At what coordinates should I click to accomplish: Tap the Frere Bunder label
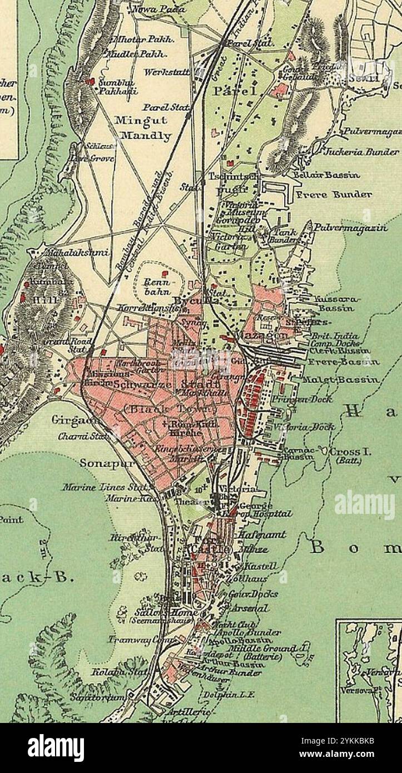tap(334, 195)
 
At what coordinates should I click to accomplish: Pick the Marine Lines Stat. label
tap(106, 488)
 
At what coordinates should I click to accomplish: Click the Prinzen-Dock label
tap(302, 399)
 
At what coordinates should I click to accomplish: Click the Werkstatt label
tap(166, 72)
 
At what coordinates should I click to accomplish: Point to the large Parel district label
tap(236, 91)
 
